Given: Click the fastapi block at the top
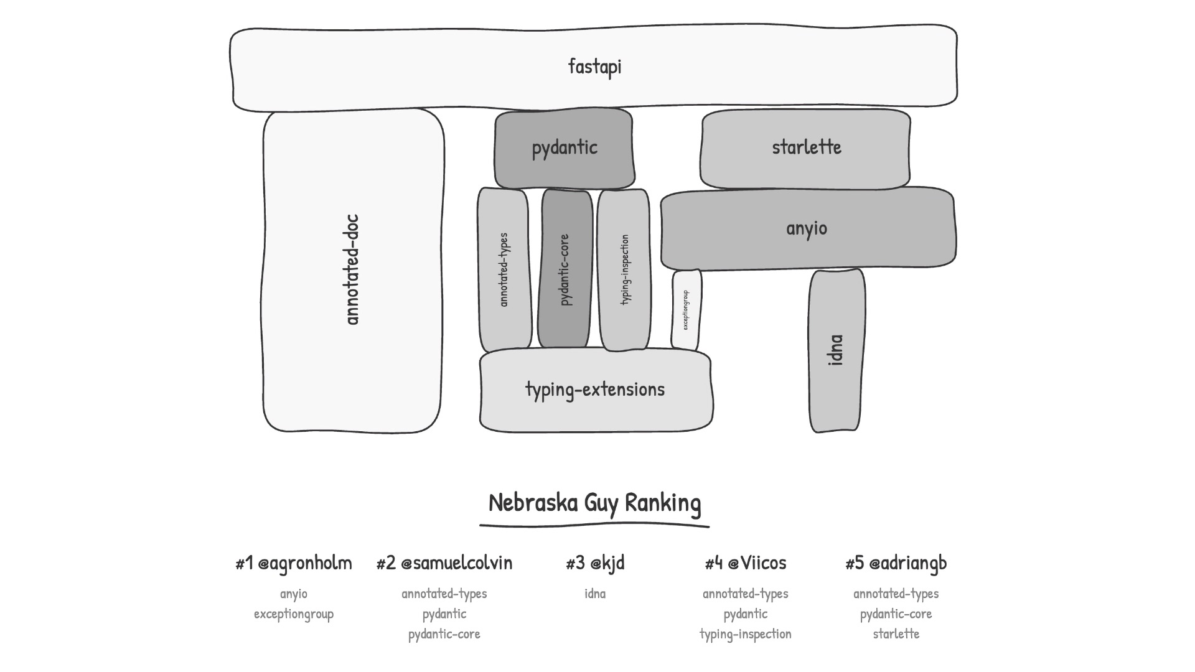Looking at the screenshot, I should pos(594,67).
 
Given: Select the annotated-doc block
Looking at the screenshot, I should pos(353,270).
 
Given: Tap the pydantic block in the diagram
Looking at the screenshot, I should pos(564,148).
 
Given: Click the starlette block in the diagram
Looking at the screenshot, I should pos(806,148).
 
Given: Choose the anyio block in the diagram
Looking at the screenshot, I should pos(807,228).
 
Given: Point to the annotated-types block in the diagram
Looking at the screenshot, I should pos(504,269).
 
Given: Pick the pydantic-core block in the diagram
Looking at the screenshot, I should pos(565,269).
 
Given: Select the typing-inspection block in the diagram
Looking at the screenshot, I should pos(624,269).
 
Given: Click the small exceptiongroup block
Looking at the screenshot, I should pos(686,309).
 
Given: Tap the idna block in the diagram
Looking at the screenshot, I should pos(836,350).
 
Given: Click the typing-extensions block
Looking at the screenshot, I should pos(595,390).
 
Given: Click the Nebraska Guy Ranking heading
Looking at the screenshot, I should pos(594,503).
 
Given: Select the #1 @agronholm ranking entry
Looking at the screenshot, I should pos(294,563).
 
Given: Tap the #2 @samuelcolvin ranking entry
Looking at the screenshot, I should pos(444,563).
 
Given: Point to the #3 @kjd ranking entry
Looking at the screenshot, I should pos(595,563).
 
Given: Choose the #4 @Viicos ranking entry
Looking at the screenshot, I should pos(746,563).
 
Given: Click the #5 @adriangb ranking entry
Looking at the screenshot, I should pos(896,563).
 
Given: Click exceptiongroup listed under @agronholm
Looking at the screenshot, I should pos(294,614).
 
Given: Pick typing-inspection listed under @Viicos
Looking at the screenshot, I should pos(746,634).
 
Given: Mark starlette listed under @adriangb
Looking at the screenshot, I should pos(896,634).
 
